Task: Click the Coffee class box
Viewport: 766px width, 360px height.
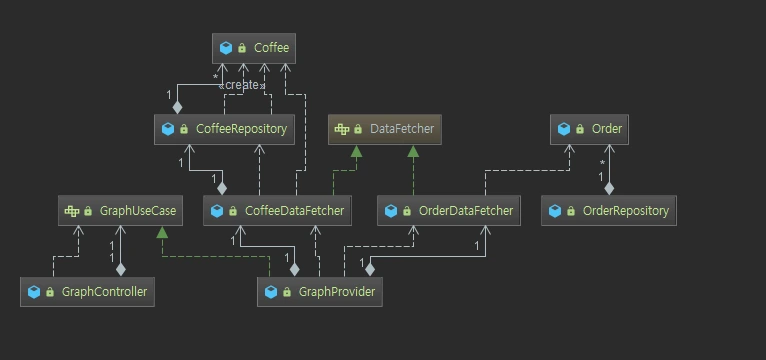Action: tap(254, 48)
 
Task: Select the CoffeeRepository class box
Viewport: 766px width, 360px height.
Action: tap(224, 129)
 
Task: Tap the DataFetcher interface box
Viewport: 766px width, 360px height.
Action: tap(384, 129)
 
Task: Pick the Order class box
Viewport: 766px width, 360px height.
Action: tap(589, 129)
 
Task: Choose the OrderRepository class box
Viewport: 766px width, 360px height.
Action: tap(609, 211)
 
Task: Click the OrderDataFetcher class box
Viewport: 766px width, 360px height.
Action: tap(448, 211)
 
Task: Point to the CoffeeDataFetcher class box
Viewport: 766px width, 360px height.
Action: tap(277, 211)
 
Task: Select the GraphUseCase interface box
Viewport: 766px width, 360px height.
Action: tap(120, 211)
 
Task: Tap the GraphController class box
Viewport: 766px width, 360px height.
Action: tap(87, 292)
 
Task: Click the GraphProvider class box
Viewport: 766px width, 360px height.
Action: tap(319, 292)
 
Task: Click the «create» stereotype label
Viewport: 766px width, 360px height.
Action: tap(242, 85)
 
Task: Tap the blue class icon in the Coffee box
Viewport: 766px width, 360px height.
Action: tap(226, 48)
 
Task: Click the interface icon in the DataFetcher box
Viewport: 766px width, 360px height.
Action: tap(341, 129)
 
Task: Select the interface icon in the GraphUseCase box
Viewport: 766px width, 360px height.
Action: tap(72, 211)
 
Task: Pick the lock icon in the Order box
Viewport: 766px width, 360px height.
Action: tap(580, 129)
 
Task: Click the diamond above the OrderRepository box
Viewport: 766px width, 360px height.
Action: tap(609, 188)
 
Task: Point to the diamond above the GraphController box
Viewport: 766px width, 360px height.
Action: tap(120, 269)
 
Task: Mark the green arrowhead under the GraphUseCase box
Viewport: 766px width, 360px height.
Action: tap(162, 232)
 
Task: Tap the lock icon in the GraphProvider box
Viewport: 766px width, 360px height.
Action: tap(287, 292)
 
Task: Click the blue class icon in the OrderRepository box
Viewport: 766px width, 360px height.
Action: tap(555, 211)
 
